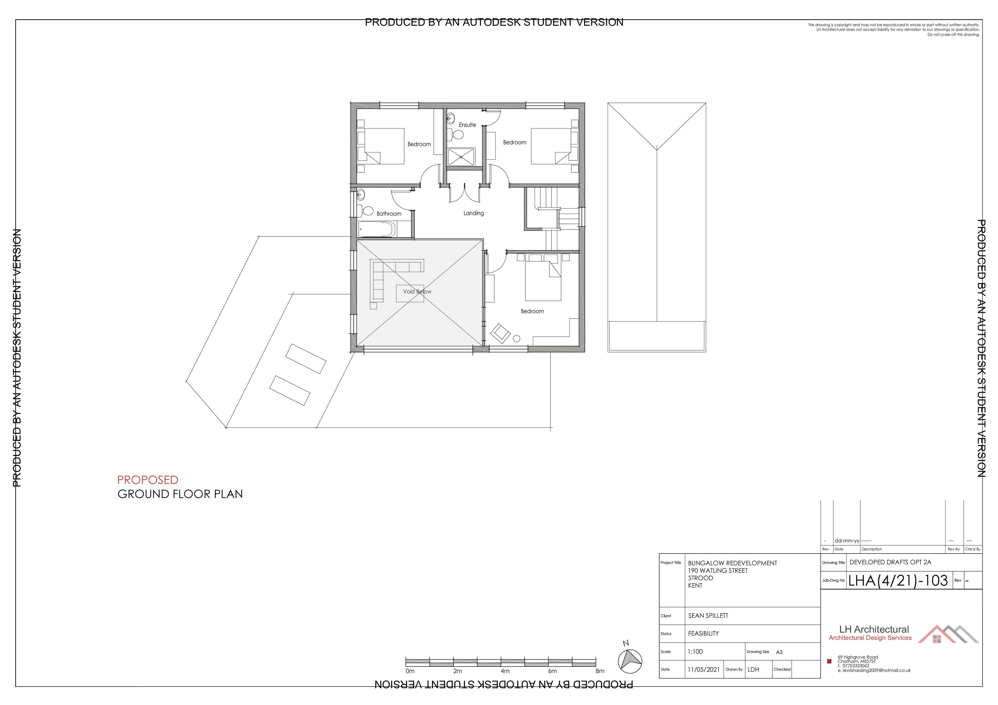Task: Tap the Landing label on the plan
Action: point(473,213)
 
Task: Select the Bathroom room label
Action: point(389,214)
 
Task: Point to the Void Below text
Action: point(417,291)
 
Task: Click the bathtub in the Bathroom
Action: point(376,229)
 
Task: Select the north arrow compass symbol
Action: point(629,660)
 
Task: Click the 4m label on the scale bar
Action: point(505,671)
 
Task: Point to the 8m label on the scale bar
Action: point(600,671)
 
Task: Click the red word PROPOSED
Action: point(148,480)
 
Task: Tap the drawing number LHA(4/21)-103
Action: point(898,581)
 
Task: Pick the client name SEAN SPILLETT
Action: point(708,615)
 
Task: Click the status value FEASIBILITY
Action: point(703,633)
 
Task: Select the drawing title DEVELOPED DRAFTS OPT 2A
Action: point(890,562)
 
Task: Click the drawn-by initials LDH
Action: point(753,669)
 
